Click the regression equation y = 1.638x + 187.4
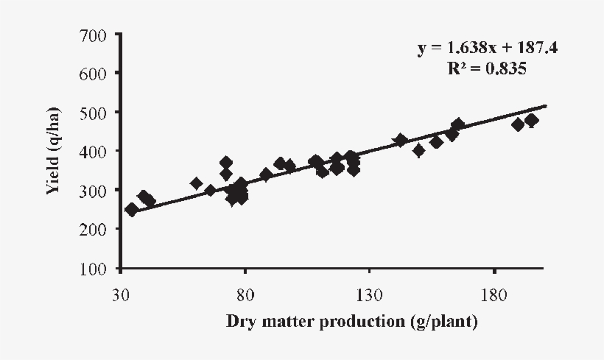(x=488, y=49)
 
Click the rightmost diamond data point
(x=531, y=121)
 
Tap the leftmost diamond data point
(x=132, y=209)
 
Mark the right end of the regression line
(x=546, y=105)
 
